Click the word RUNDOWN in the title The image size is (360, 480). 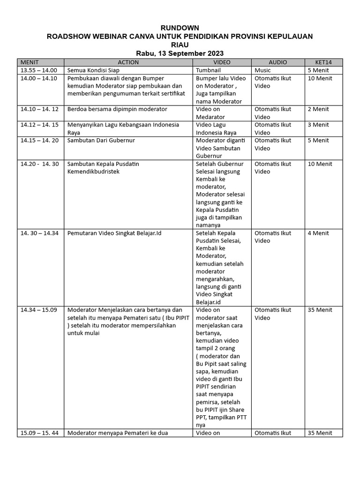180,28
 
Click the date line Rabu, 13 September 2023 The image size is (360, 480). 180,53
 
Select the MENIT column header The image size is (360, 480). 30,62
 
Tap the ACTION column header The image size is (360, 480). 128,62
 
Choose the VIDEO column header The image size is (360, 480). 222,62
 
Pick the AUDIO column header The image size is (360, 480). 277,62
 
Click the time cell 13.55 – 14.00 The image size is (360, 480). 39,70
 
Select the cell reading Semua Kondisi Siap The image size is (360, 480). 94,70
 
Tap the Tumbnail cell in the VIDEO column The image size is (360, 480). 211,70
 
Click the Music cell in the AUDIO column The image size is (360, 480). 263,70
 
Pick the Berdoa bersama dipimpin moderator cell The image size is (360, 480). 117,109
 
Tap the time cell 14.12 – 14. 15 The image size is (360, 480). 39,125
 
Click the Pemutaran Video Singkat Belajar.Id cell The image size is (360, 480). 114,233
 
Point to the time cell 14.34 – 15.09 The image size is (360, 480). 39,310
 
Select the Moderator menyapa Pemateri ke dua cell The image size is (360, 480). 118,433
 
